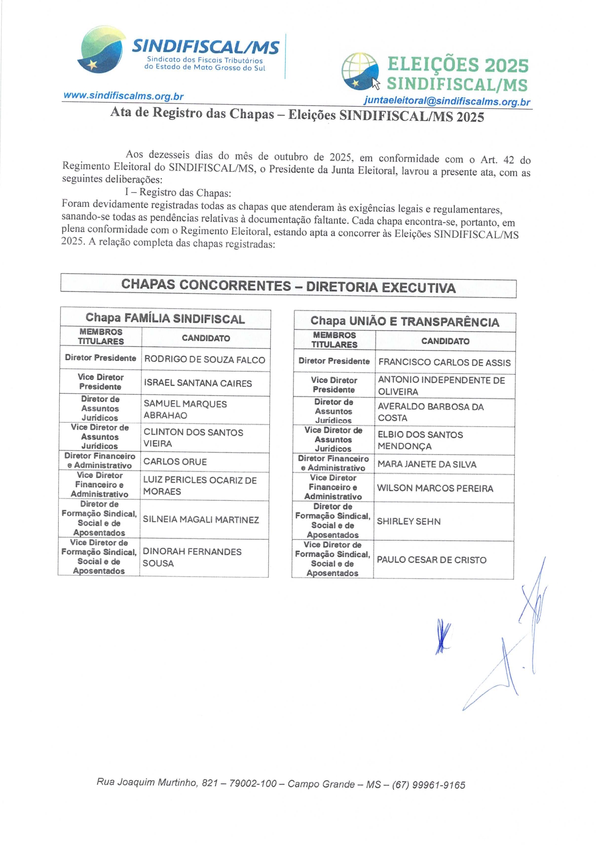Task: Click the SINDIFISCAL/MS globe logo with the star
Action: click(x=101, y=50)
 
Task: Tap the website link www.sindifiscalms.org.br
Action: click(x=123, y=96)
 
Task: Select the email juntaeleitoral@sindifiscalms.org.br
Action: click(x=447, y=101)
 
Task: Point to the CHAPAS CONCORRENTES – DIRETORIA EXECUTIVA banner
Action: click(x=288, y=287)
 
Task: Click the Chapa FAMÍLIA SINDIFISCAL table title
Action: click(x=165, y=319)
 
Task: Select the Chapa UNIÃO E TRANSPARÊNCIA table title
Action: click(x=405, y=322)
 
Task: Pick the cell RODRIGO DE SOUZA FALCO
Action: click(x=204, y=360)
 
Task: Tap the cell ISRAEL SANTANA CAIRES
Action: click(x=198, y=383)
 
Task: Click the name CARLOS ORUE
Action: click(x=175, y=462)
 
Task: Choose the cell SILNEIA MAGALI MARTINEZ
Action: click(x=201, y=519)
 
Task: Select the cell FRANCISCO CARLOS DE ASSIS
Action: click(x=444, y=363)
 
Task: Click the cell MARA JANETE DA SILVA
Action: click(x=427, y=464)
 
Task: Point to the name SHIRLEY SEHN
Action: click(x=409, y=521)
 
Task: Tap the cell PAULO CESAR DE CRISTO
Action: click(x=431, y=560)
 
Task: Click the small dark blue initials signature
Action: click(x=443, y=636)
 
